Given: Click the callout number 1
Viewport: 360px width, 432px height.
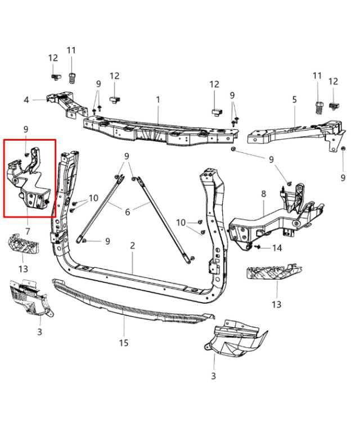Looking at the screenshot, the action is (158, 100).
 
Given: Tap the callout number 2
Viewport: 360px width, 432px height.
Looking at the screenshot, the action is (133, 245).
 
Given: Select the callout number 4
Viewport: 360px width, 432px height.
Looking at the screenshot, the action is (26, 100).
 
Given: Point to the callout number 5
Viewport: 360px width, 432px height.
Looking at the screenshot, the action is (294, 100).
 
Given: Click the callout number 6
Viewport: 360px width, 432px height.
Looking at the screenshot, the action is (127, 212).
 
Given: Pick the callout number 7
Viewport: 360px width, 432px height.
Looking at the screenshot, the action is (28, 231).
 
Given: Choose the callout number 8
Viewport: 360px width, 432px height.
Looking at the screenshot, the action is (264, 193).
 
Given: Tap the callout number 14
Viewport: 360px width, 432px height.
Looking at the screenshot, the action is (277, 248).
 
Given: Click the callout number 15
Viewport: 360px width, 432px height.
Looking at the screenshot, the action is (124, 343).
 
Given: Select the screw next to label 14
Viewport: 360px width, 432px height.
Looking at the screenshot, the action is (258, 246).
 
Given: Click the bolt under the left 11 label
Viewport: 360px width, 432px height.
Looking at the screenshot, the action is (71, 78).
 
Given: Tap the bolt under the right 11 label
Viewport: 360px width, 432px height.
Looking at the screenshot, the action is (319, 107).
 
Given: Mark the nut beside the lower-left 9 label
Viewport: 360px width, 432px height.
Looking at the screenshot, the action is (84, 241).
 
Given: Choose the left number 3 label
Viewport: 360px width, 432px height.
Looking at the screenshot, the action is (40, 331).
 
